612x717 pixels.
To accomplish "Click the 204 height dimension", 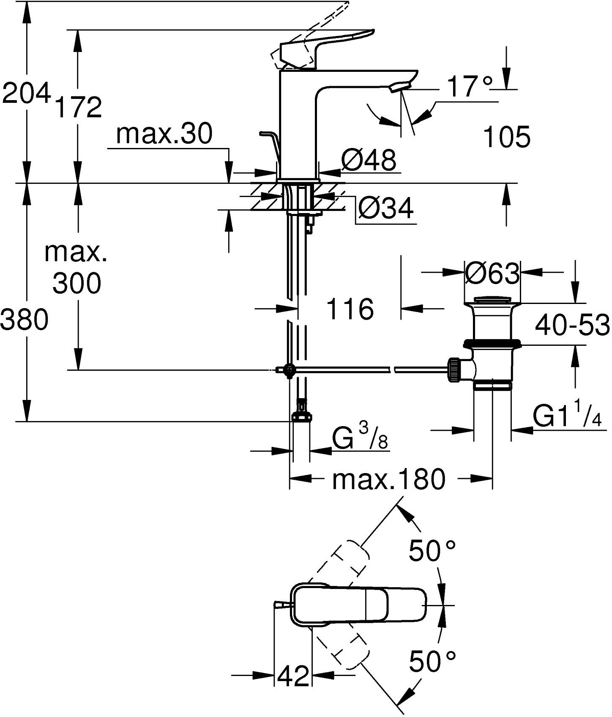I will click(x=26, y=94).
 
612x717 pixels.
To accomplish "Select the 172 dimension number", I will click(x=78, y=107).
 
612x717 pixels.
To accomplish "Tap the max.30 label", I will click(x=164, y=134).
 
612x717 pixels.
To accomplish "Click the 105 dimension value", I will click(x=506, y=137).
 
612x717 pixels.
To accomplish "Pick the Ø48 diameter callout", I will click(x=369, y=160).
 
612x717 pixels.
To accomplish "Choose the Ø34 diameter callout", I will click(x=385, y=208).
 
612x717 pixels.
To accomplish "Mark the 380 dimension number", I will click(x=24, y=320).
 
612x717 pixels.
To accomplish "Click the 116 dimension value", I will click(x=350, y=309).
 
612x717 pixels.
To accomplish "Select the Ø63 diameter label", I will click(x=492, y=274).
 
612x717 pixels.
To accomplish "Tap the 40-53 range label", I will click(x=572, y=325).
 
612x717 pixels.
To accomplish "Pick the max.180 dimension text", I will click(x=389, y=479).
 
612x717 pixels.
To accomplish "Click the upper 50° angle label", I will click(x=432, y=551).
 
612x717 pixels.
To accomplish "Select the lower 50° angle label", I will click(x=432, y=662).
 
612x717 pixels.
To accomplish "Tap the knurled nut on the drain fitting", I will click(x=454, y=369).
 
